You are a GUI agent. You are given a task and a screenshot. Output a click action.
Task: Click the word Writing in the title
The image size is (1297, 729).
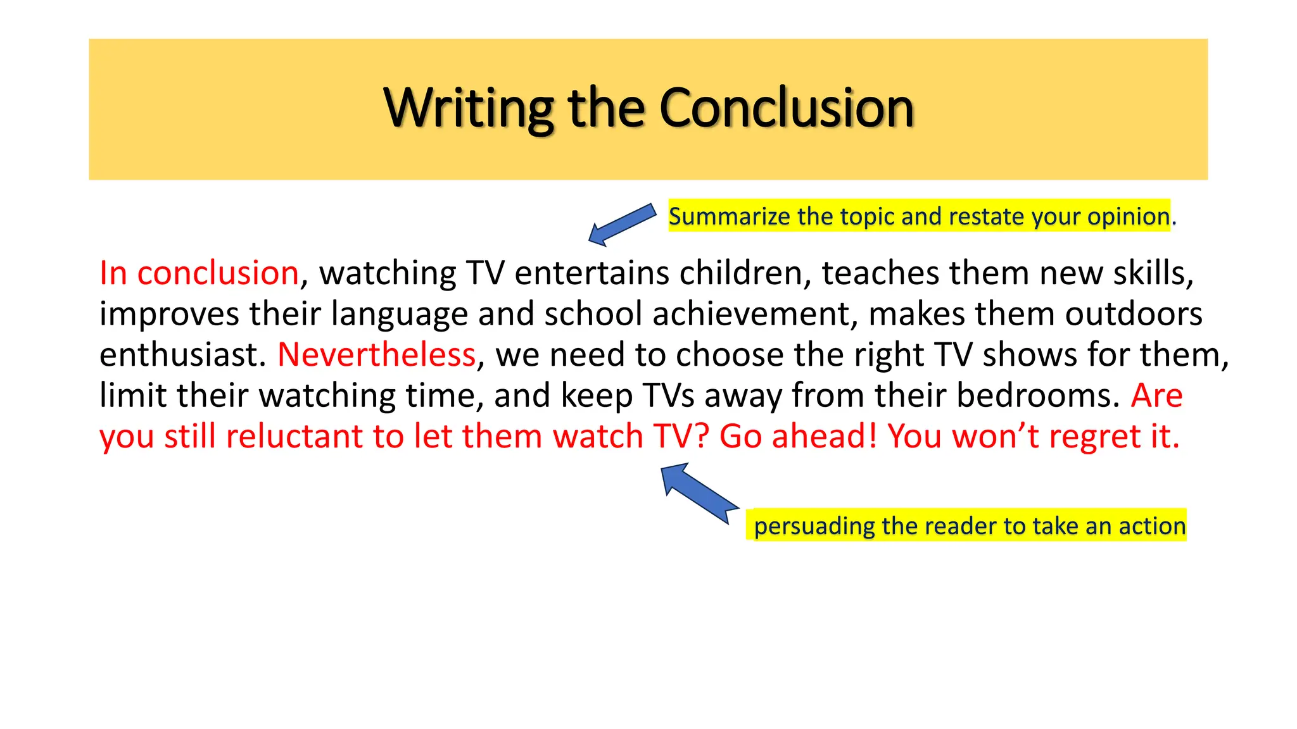point(469,108)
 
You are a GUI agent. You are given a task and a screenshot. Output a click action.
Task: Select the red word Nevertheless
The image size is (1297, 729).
point(376,354)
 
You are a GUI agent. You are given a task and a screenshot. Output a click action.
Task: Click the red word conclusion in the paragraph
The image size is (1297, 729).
point(218,273)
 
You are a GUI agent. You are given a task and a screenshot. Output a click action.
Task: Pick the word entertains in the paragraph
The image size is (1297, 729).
point(592,273)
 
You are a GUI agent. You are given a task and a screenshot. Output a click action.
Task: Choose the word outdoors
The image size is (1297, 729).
point(1133,314)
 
